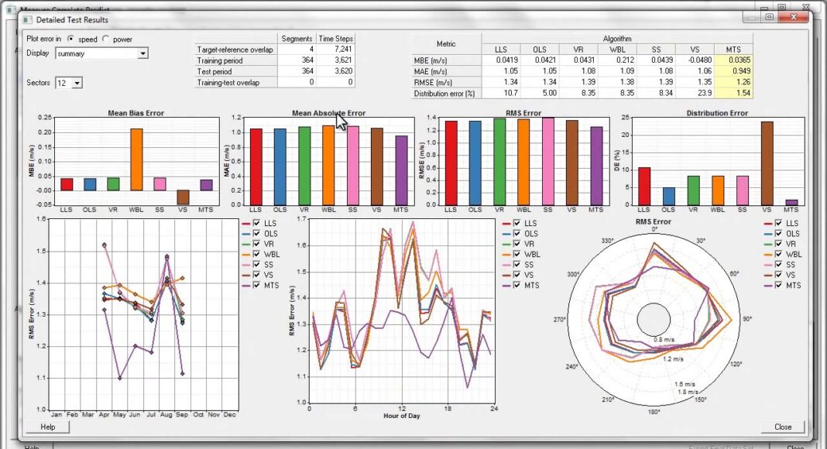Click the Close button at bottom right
(x=782, y=427)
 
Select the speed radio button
(x=71, y=39)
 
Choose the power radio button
(x=106, y=39)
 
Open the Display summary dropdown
(x=142, y=53)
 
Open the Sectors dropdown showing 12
(x=77, y=83)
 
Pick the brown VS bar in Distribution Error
(x=767, y=163)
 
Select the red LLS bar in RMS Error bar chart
(x=451, y=163)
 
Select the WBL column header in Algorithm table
(x=617, y=50)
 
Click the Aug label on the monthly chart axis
(x=166, y=415)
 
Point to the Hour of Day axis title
(x=402, y=416)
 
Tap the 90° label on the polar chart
(x=746, y=318)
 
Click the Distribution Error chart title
(x=717, y=113)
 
